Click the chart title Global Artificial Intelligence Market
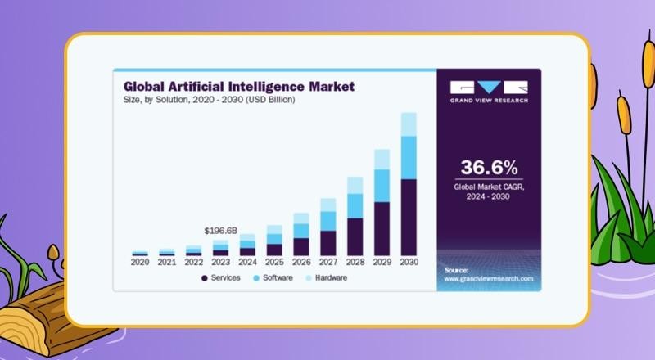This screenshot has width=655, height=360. pos(238,85)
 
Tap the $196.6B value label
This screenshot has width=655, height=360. pos(220,231)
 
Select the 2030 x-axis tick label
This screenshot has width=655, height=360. pos(409,263)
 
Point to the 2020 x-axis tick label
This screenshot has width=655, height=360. pos(140,263)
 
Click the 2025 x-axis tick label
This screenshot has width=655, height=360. pos(274,263)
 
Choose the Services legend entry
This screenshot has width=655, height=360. pos(220,278)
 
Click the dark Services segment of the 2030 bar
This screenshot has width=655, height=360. pos(409,217)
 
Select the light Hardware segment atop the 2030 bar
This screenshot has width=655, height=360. pos(409,124)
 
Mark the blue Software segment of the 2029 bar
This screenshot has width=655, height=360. pos(382,185)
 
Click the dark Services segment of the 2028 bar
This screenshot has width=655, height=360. pos(355,236)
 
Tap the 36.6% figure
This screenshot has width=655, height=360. pos(489,169)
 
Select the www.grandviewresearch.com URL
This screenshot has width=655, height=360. pos(489,279)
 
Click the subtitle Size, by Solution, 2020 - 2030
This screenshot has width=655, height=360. pos(209,99)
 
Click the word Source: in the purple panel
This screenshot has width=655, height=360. pos(456,269)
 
